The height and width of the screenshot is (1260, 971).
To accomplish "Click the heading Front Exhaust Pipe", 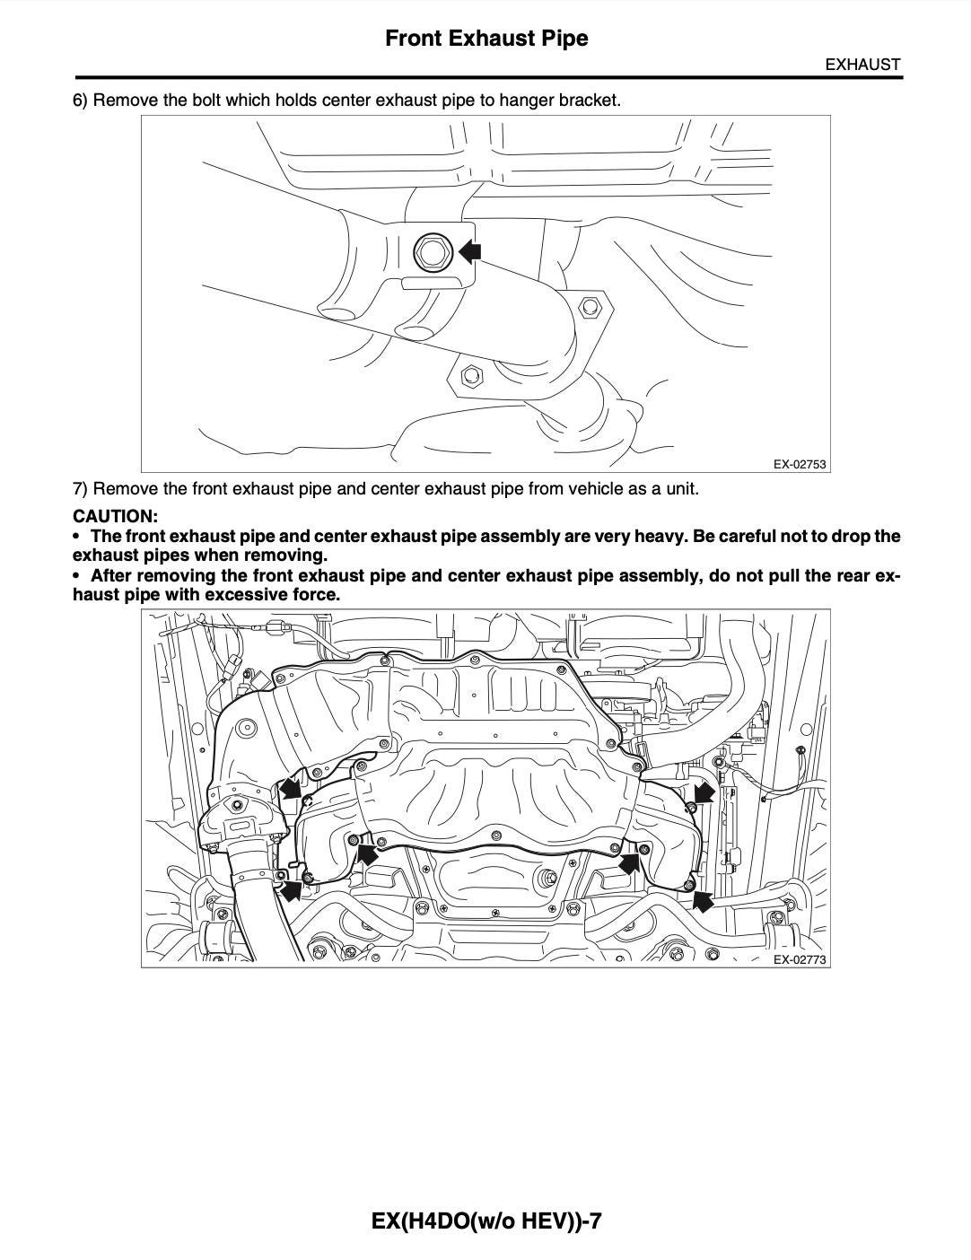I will (x=486, y=39).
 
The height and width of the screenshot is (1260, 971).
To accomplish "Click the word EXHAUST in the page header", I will (x=862, y=65).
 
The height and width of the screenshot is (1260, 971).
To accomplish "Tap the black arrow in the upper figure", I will (x=470, y=251).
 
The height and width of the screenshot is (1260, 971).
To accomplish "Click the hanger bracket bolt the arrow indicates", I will (x=433, y=252).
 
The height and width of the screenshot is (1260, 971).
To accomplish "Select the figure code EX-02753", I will (x=799, y=465).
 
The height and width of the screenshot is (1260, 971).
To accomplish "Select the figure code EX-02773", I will (x=799, y=960).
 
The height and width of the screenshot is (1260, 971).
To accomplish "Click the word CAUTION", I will (x=115, y=516).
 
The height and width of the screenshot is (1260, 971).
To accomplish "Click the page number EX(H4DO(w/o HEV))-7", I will (x=485, y=1221).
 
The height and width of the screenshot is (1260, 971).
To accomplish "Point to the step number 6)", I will (x=81, y=100).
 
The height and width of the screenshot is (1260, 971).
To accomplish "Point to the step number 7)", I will (x=81, y=489).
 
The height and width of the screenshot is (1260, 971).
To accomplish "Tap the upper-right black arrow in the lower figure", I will (x=704, y=792).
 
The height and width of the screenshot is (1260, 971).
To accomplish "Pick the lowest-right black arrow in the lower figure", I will (x=704, y=899).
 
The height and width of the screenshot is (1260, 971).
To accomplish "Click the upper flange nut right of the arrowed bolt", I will (x=590, y=307).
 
